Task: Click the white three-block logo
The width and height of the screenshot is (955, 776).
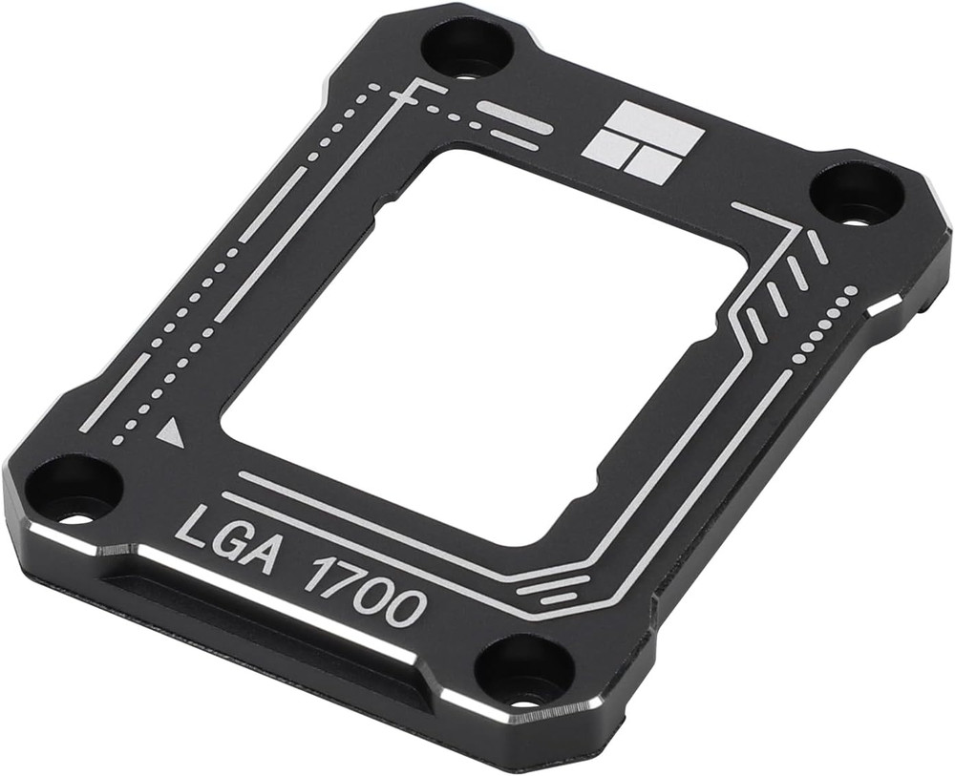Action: [643, 143]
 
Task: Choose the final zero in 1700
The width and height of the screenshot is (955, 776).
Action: [407, 606]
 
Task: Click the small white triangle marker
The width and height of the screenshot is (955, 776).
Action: [171, 434]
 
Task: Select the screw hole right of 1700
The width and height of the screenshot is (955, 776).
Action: [524, 669]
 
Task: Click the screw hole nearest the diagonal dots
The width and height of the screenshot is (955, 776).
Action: [856, 195]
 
